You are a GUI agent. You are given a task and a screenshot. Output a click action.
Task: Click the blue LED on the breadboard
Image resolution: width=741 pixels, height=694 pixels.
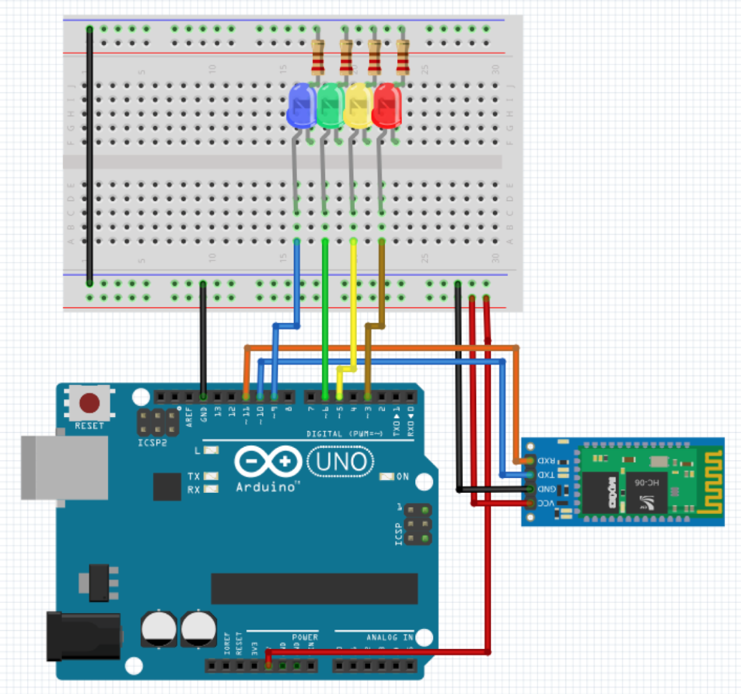pyautogui.click(x=301, y=105)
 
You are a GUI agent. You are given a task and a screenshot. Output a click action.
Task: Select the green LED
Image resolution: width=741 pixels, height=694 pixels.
pyautogui.click(x=330, y=105)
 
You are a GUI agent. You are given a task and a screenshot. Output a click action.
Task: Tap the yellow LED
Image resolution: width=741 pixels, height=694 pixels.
pyautogui.click(x=359, y=105)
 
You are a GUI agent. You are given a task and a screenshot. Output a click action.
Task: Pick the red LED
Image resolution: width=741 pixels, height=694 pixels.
pyautogui.click(x=387, y=105)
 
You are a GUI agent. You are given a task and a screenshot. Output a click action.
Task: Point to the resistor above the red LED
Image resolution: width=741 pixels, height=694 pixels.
pyautogui.click(x=402, y=57)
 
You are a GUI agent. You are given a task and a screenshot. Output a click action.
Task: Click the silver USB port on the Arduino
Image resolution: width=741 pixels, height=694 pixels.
pyautogui.click(x=64, y=467)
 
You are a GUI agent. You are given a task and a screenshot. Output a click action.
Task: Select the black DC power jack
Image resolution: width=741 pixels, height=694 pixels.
pyautogui.click(x=84, y=637)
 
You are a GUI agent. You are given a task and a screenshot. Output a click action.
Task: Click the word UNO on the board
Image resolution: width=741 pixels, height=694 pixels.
pyautogui.click(x=341, y=462)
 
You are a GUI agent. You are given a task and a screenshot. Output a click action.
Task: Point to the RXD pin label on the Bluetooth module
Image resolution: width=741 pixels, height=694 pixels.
pyautogui.click(x=546, y=461)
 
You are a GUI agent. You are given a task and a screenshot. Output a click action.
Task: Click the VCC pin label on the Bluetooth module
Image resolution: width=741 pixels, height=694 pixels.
pyautogui.click(x=546, y=503)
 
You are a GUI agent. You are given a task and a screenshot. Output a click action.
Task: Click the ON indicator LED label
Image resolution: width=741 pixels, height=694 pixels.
pyautogui.click(x=402, y=477)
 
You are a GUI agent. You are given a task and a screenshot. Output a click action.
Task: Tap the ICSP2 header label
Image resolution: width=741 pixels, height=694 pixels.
pyautogui.click(x=152, y=443)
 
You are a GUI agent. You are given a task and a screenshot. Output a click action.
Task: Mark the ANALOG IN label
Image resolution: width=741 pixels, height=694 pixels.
pyautogui.click(x=389, y=637)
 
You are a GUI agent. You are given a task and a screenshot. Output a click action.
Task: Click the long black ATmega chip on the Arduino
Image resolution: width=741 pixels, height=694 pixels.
pyautogui.click(x=314, y=589)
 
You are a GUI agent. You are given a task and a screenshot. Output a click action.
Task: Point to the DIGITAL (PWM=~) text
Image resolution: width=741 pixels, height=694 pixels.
pyautogui.click(x=344, y=434)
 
